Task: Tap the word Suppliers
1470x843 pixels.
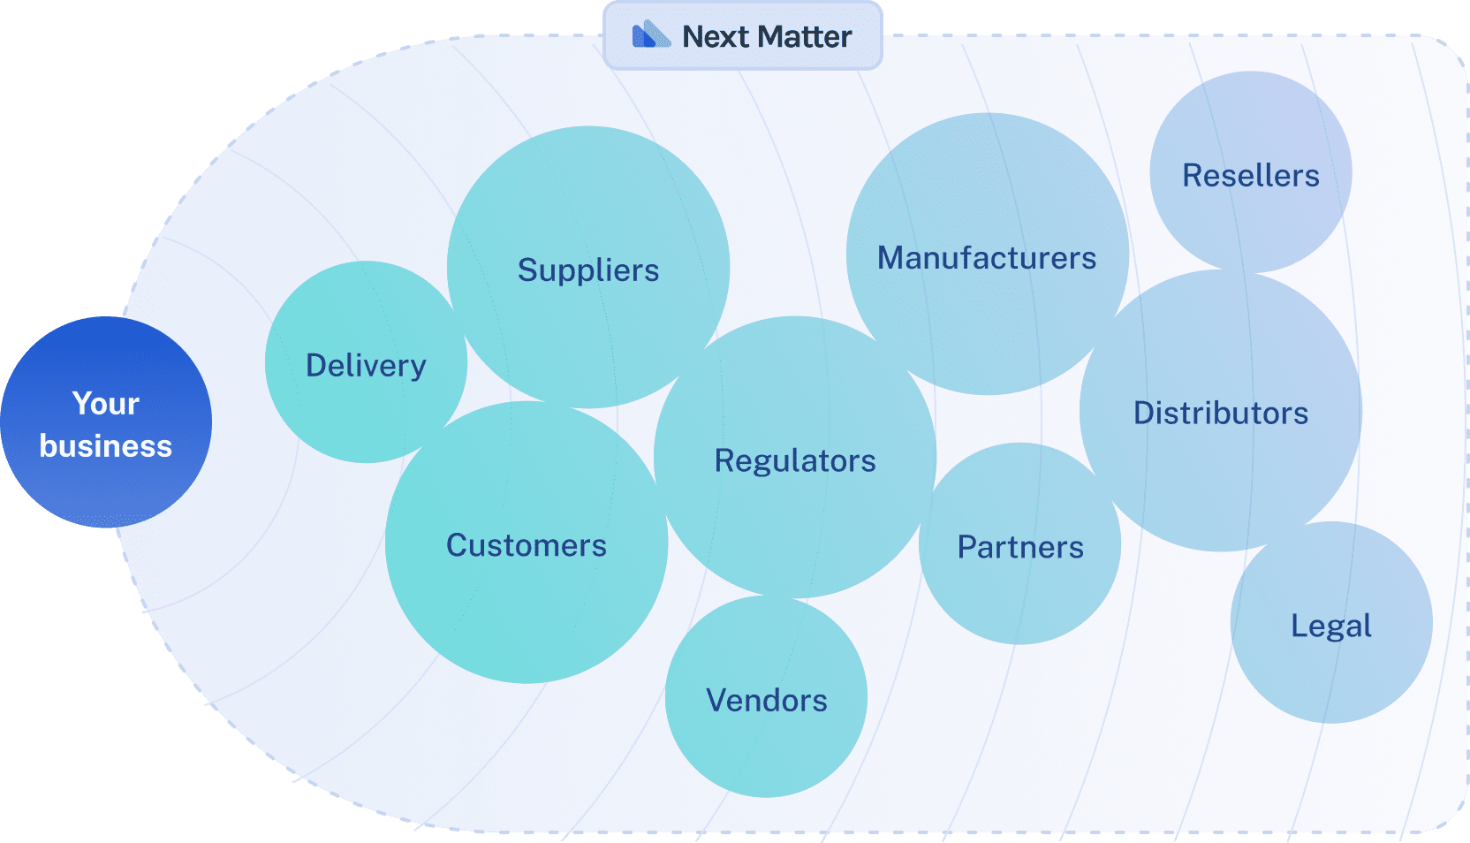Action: point(588,270)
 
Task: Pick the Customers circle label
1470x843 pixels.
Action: point(527,546)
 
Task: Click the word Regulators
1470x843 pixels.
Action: point(795,461)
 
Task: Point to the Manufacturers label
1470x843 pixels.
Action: point(987,258)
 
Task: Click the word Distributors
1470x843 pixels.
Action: point(1221,414)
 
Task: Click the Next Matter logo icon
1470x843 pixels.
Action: point(651,35)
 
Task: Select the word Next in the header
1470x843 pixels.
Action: point(716,37)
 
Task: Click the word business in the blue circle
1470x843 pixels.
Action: point(106,446)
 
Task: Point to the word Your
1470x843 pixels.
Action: point(106,404)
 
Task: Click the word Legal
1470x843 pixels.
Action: point(1331,627)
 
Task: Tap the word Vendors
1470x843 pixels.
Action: point(767,701)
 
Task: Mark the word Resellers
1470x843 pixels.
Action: point(1251,176)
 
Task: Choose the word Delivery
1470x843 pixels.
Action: point(366,366)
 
